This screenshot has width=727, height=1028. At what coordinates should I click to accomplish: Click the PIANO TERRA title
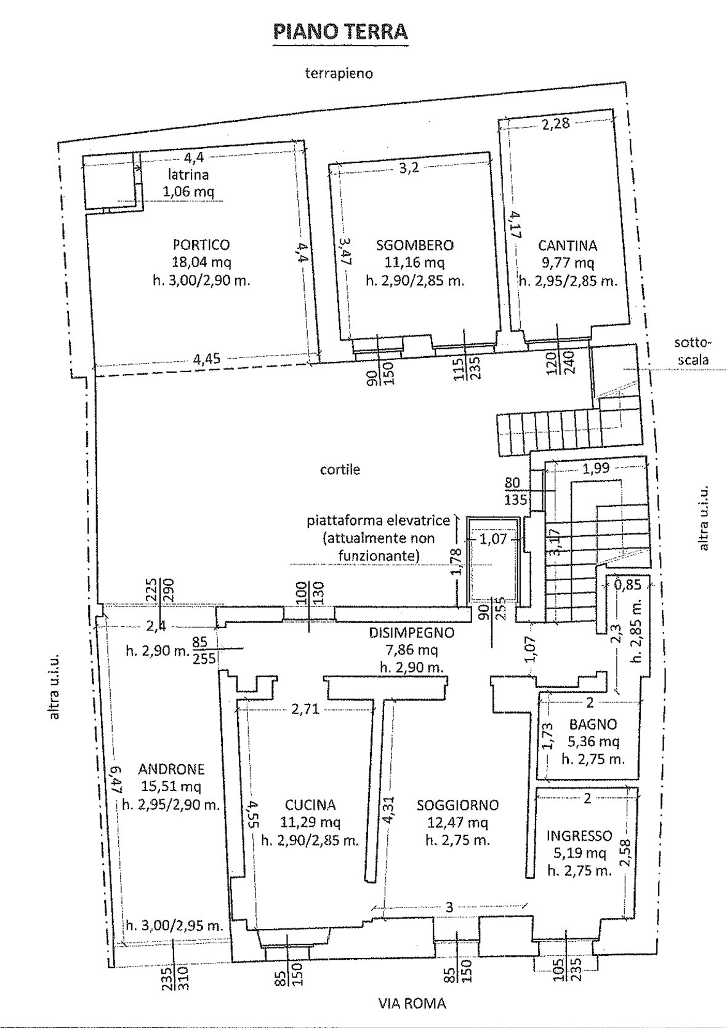tap(340, 33)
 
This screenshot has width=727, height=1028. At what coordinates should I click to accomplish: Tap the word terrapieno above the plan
tap(339, 73)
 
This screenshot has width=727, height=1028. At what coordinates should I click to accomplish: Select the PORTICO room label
tap(202, 245)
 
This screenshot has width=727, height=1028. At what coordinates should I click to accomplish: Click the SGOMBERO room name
tap(415, 245)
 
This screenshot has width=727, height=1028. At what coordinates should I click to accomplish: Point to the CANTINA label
tap(568, 245)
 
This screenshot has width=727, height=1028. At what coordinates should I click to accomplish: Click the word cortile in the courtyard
tap(340, 469)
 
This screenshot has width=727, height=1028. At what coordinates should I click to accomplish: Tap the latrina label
tap(189, 174)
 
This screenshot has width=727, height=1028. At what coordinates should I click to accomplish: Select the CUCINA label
tap(310, 805)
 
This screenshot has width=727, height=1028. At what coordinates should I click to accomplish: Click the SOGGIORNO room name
tap(457, 805)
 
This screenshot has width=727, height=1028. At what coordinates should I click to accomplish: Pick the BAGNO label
tap(593, 724)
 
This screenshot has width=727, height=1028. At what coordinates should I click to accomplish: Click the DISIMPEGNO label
tap(411, 632)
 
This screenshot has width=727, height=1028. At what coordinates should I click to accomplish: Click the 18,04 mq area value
tap(201, 263)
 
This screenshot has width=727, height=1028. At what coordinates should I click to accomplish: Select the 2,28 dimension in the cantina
tap(556, 124)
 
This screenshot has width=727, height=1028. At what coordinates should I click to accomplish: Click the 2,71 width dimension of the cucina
tap(305, 709)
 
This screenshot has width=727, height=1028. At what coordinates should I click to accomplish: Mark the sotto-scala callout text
tap(693, 351)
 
